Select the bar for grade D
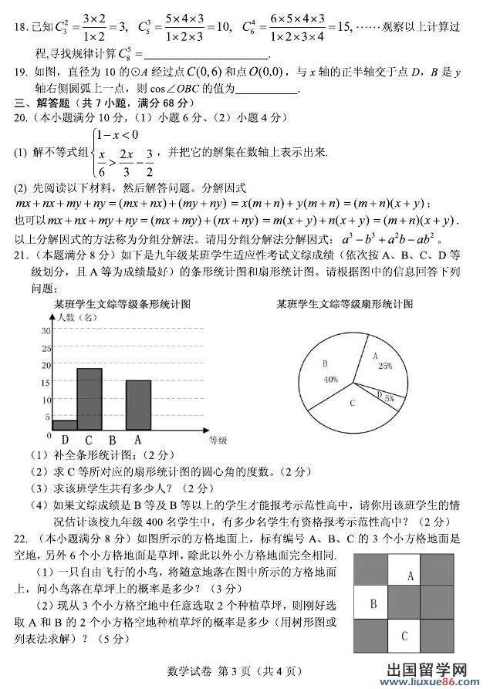[65, 425]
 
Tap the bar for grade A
[138, 405]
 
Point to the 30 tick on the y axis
[46, 330]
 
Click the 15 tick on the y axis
[46, 381]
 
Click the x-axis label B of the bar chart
[113, 440]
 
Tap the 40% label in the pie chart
[331, 379]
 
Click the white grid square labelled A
[411, 575]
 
